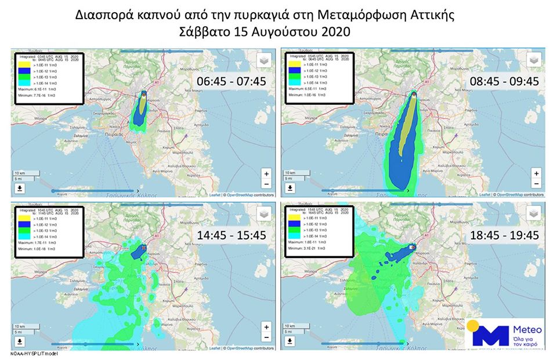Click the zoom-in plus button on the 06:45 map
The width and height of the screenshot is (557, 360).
coord(266,173)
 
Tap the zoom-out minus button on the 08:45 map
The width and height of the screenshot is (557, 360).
coord(536,184)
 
